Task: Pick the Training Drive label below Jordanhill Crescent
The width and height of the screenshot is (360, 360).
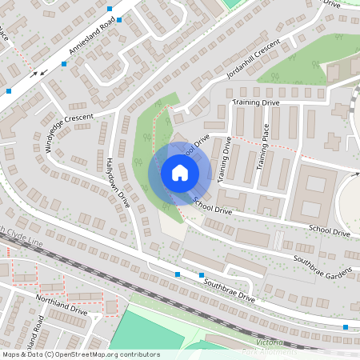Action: tap(256, 103)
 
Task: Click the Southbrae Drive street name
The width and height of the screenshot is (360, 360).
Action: tap(229, 288)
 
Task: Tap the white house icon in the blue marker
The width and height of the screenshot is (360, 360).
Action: tap(180, 173)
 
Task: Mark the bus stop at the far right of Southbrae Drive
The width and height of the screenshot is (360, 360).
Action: tap(346, 326)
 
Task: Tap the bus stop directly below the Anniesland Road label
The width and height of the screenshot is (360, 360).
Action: tap(63, 63)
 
